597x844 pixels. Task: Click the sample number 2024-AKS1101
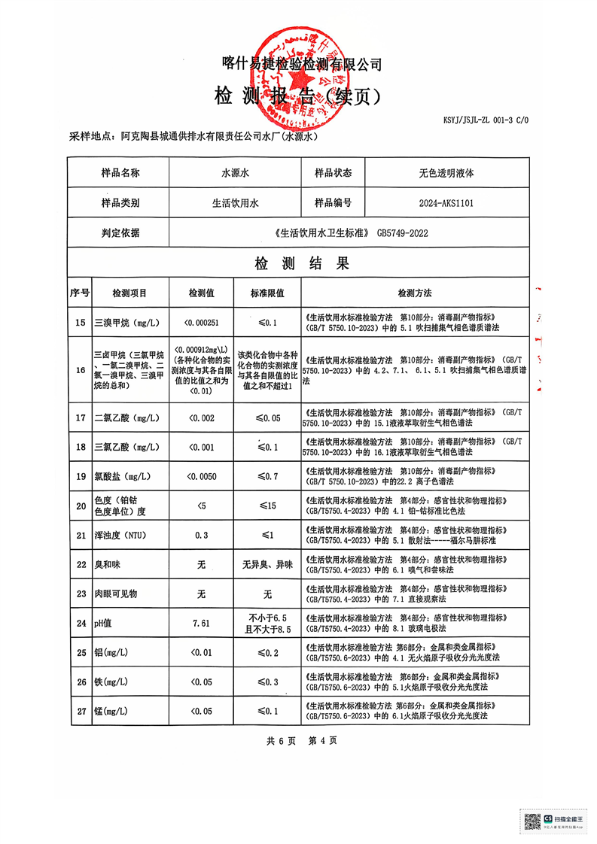click(x=446, y=203)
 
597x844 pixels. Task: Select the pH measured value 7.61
click(x=201, y=624)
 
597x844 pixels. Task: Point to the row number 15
click(x=80, y=323)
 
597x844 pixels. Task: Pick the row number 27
click(x=80, y=711)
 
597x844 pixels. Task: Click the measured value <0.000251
click(x=201, y=323)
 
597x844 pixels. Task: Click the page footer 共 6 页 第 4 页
click(x=301, y=741)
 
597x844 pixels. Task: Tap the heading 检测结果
click(x=301, y=264)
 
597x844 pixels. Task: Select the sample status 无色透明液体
click(x=446, y=173)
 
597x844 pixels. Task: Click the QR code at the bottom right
click(x=532, y=821)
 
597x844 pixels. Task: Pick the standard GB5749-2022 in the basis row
click(x=402, y=234)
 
